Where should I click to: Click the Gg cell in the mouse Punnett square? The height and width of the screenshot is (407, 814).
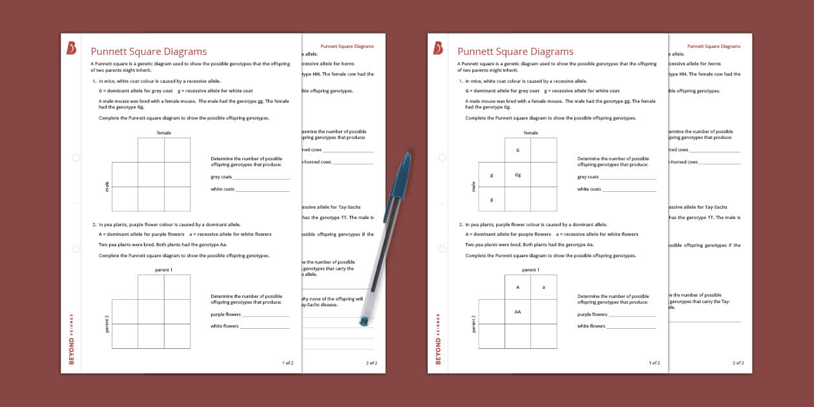(517, 174)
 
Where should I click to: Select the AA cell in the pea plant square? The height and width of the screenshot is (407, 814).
(517, 311)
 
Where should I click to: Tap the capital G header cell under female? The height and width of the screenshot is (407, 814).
(517, 150)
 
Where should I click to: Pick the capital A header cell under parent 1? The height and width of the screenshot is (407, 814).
(517, 287)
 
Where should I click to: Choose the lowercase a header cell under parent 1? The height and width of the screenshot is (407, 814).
(543, 287)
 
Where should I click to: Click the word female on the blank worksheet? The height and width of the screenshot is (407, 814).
(163, 132)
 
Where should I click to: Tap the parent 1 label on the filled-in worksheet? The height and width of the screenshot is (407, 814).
(530, 269)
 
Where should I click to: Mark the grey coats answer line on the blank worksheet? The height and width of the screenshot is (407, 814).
(261, 178)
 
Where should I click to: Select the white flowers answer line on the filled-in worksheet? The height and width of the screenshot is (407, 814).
(631, 327)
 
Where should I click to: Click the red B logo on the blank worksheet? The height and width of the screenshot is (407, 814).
(71, 48)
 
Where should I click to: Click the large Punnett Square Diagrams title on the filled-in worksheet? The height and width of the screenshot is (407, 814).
(515, 52)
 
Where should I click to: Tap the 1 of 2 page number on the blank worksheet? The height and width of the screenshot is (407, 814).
(287, 363)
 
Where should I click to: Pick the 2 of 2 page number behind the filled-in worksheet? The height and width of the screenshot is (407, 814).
(738, 363)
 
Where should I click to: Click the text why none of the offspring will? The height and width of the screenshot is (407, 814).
(331, 298)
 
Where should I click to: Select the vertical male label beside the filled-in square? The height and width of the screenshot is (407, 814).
(474, 187)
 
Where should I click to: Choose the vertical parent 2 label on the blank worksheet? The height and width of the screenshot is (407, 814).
(107, 324)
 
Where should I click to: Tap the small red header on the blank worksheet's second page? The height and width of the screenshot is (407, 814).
(347, 47)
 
